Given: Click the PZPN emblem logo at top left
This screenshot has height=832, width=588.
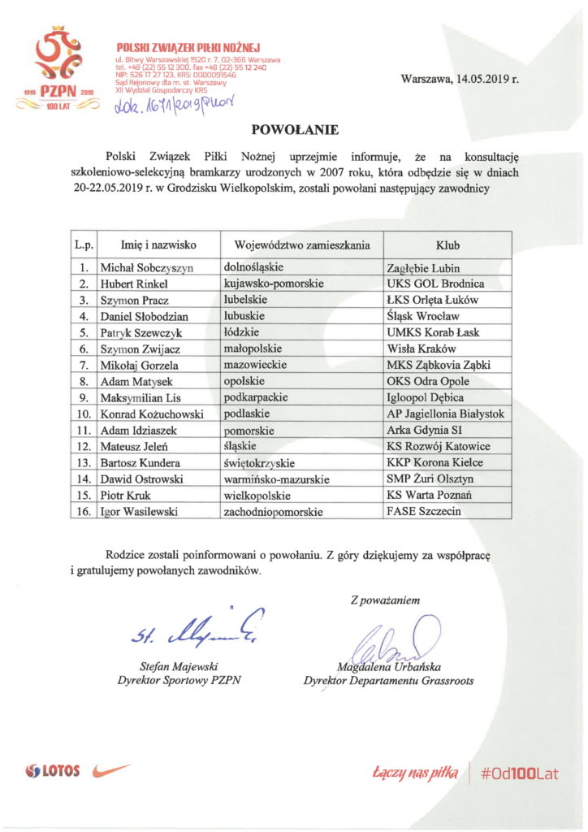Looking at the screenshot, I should tap(55, 69).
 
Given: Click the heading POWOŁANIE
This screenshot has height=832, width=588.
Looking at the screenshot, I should tap(293, 129).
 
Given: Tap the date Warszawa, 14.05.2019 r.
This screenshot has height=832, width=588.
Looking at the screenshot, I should tap(460, 80).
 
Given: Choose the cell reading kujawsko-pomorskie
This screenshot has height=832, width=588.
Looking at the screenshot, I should tap(274, 284).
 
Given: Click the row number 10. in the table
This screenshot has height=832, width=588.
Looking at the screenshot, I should tap(83, 414).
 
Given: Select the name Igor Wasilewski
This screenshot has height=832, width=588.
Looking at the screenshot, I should tap(141, 512).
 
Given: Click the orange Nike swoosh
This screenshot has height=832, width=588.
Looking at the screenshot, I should tap(111, 769).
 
